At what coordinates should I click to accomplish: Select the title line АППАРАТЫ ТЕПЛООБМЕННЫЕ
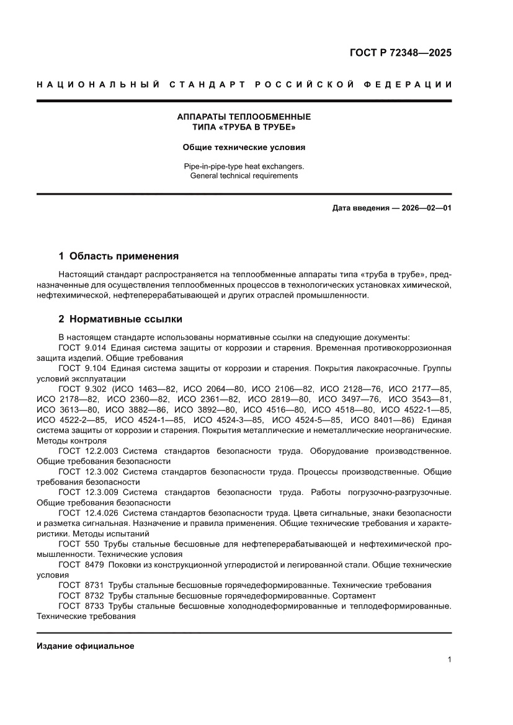click(244, 117)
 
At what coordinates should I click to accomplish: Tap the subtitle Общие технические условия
click(244, 148)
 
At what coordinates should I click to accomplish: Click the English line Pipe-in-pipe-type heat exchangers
click(244, 166)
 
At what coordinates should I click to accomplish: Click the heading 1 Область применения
click(118, 256)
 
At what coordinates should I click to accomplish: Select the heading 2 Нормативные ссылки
click(120, 319)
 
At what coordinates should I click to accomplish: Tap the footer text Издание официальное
click(86, 646)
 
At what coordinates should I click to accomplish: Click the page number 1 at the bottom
click(448, 660)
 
